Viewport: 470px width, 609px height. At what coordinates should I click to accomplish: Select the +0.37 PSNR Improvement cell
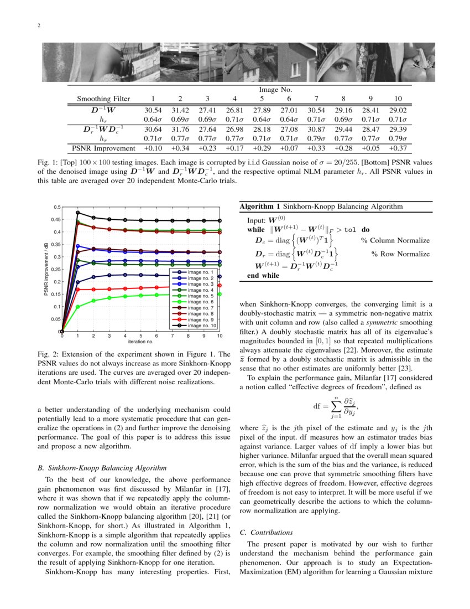[397, 148]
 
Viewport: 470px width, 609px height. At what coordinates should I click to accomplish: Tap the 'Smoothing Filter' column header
[103, 99]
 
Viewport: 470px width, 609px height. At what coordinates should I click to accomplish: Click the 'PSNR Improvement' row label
[103, 148]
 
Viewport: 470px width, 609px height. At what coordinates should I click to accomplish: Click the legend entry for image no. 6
[201, 302]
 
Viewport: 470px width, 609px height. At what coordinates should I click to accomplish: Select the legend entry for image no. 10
[202, 326]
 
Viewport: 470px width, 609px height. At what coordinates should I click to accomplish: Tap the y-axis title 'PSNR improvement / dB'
[46, 269]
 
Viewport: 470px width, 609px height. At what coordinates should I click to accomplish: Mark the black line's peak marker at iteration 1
[78, 213]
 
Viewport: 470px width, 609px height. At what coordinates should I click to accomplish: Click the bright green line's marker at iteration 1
[78, 307]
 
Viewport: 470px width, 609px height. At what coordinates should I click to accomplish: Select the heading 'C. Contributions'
[267, 533]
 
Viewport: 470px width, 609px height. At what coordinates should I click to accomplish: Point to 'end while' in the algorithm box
[263, 276]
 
